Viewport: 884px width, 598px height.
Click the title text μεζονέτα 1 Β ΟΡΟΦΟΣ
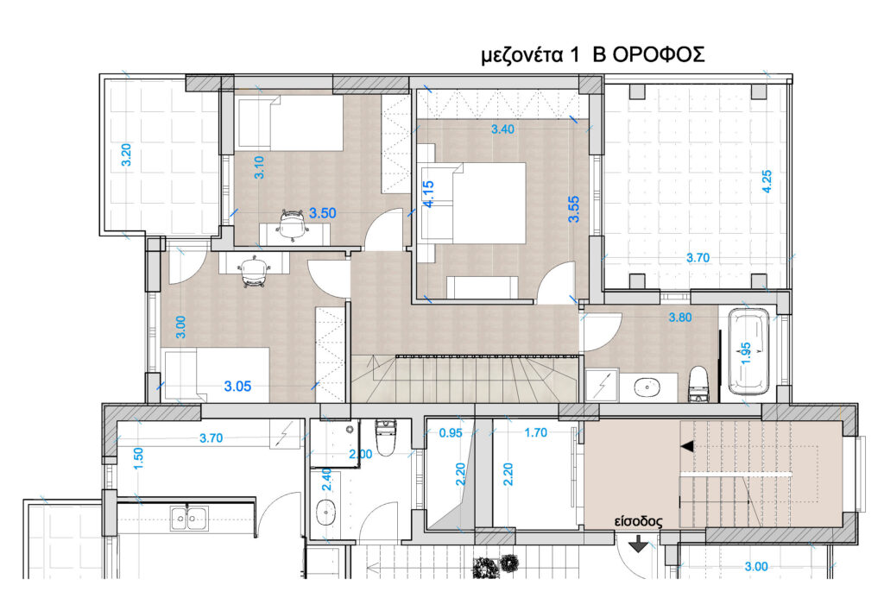592,54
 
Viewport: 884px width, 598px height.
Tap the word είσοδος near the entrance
638,522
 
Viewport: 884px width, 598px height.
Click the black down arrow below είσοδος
638,544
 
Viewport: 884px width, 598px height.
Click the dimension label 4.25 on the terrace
767,181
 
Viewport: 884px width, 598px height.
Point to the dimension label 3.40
502,129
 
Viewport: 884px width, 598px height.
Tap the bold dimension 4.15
428,194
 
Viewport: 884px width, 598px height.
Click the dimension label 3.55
573,209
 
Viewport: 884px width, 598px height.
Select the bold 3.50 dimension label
323,213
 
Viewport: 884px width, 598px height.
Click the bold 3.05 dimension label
237,386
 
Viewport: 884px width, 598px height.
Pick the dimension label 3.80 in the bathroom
680,318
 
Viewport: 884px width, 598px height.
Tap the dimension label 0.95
451,433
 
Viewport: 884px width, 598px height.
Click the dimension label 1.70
535,432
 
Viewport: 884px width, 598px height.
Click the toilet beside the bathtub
698,384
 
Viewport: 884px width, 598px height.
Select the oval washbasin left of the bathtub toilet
647,387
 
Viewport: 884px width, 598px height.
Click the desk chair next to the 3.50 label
293,224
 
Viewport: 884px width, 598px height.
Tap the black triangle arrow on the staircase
686,446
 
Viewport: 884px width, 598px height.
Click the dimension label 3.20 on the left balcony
126,154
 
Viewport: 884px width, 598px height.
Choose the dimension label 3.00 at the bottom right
756,566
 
